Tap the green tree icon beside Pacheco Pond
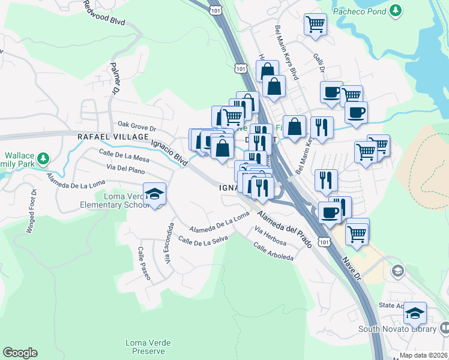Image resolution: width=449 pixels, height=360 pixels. [395, 10]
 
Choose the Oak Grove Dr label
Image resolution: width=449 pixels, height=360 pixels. [136, 127]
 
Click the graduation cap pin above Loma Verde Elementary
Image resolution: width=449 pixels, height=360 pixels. [155, 194]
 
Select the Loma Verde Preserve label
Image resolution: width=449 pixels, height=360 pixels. [148, 347]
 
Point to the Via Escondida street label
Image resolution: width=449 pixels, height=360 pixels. [169, 242]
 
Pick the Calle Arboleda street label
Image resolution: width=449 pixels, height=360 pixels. [274, 251]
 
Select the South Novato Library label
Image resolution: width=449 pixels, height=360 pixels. [397, 329]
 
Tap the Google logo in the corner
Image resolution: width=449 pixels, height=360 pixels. [20, 353]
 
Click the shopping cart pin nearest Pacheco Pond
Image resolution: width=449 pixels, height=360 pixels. [315, 25]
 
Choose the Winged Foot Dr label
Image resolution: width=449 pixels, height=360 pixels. [31, 212]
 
